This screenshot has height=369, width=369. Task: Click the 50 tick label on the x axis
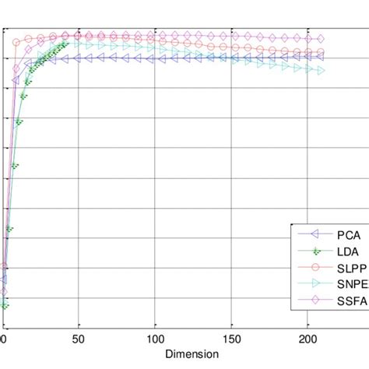click(77, 339)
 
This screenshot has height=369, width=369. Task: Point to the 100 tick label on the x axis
click(155, 339)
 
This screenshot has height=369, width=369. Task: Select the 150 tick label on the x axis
click(232, 339)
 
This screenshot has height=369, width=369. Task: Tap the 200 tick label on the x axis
click(308, 339)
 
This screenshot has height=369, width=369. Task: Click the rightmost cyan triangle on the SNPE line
click(320, 71)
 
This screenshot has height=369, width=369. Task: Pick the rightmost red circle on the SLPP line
click(320, 52)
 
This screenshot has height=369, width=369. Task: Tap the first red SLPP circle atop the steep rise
click(16, 42)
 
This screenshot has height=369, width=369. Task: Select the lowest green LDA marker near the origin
click(5, 306)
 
